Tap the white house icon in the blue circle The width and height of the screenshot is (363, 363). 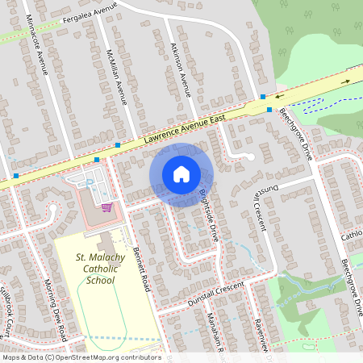tap(181, 174)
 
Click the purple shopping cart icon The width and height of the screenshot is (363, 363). tap(106, 207)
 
